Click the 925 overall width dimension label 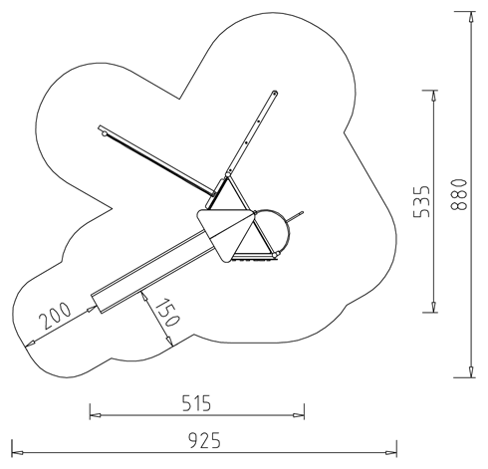coord(204,440)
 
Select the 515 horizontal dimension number coord(197,403)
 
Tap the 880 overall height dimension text coord(459,195)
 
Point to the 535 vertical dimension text coord(421,201)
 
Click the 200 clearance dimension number coord(55,316)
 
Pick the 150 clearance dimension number coord(168,313)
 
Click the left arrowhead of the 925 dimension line coord(17,453)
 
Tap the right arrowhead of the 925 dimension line coord(391,453)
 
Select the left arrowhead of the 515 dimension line coord(96,415)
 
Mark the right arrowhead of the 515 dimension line coord(299,415)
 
